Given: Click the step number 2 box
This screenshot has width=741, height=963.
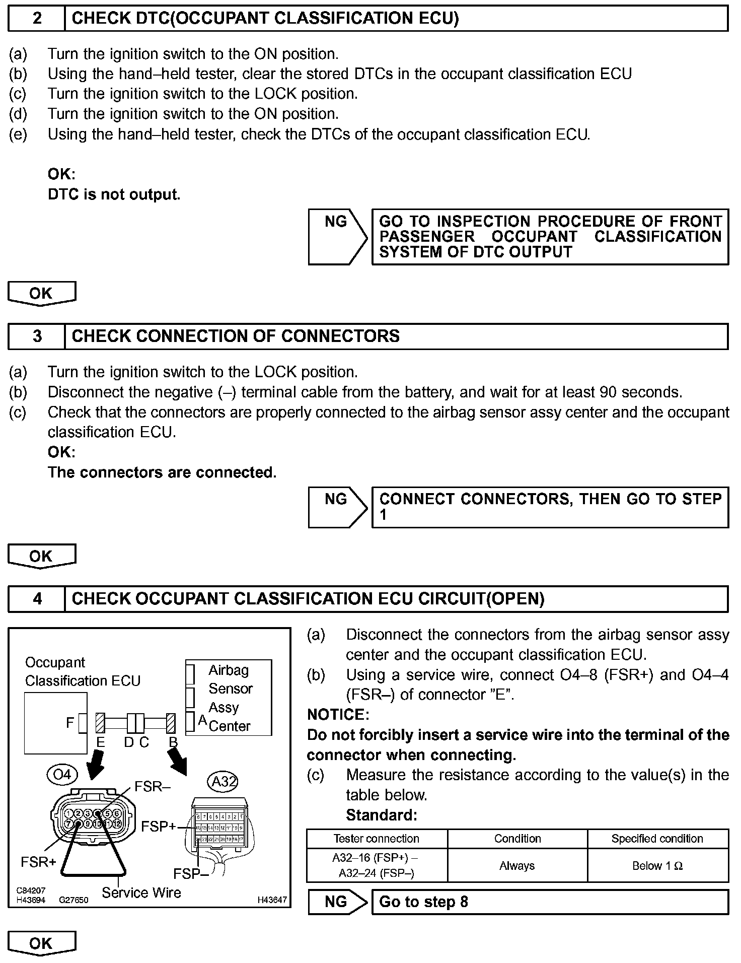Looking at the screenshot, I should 37,19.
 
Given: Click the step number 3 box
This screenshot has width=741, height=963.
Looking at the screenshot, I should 37,336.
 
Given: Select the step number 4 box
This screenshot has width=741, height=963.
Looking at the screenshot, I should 37,599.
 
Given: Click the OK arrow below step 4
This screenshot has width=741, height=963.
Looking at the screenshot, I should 41,943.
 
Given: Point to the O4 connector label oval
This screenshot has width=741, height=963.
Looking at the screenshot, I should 62,774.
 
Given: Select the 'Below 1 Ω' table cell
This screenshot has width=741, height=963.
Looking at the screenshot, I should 657,866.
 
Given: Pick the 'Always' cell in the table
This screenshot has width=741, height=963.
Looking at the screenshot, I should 517,866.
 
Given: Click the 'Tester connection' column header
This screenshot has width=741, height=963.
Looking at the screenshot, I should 377,839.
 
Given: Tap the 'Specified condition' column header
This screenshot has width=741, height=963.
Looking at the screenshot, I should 657,839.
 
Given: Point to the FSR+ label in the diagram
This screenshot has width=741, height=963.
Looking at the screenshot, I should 38,862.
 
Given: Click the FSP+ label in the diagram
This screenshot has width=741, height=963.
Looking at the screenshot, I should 159,827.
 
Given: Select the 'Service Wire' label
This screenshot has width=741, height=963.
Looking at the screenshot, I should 141,893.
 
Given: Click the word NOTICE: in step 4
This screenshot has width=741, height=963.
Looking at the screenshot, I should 338,715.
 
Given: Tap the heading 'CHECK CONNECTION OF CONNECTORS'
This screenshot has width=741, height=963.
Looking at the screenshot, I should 236,336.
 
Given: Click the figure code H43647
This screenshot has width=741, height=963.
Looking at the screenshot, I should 272,900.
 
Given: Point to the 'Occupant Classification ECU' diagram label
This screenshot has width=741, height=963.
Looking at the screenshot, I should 83,671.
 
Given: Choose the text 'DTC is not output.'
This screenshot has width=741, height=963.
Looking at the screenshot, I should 114,194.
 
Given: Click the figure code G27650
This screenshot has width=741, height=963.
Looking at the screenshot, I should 73,900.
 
